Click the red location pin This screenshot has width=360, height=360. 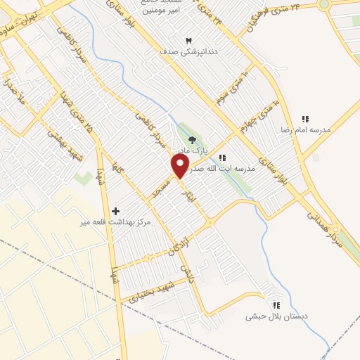(x=181, y=167)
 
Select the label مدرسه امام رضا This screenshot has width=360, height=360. (x=306, y=131)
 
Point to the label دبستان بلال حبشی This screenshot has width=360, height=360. (x=276, y=316)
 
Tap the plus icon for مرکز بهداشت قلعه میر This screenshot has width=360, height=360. (x=115, y=210)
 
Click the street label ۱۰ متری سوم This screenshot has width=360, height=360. (x=233, y=85)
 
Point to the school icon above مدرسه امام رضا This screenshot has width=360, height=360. (x=305, y=119)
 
